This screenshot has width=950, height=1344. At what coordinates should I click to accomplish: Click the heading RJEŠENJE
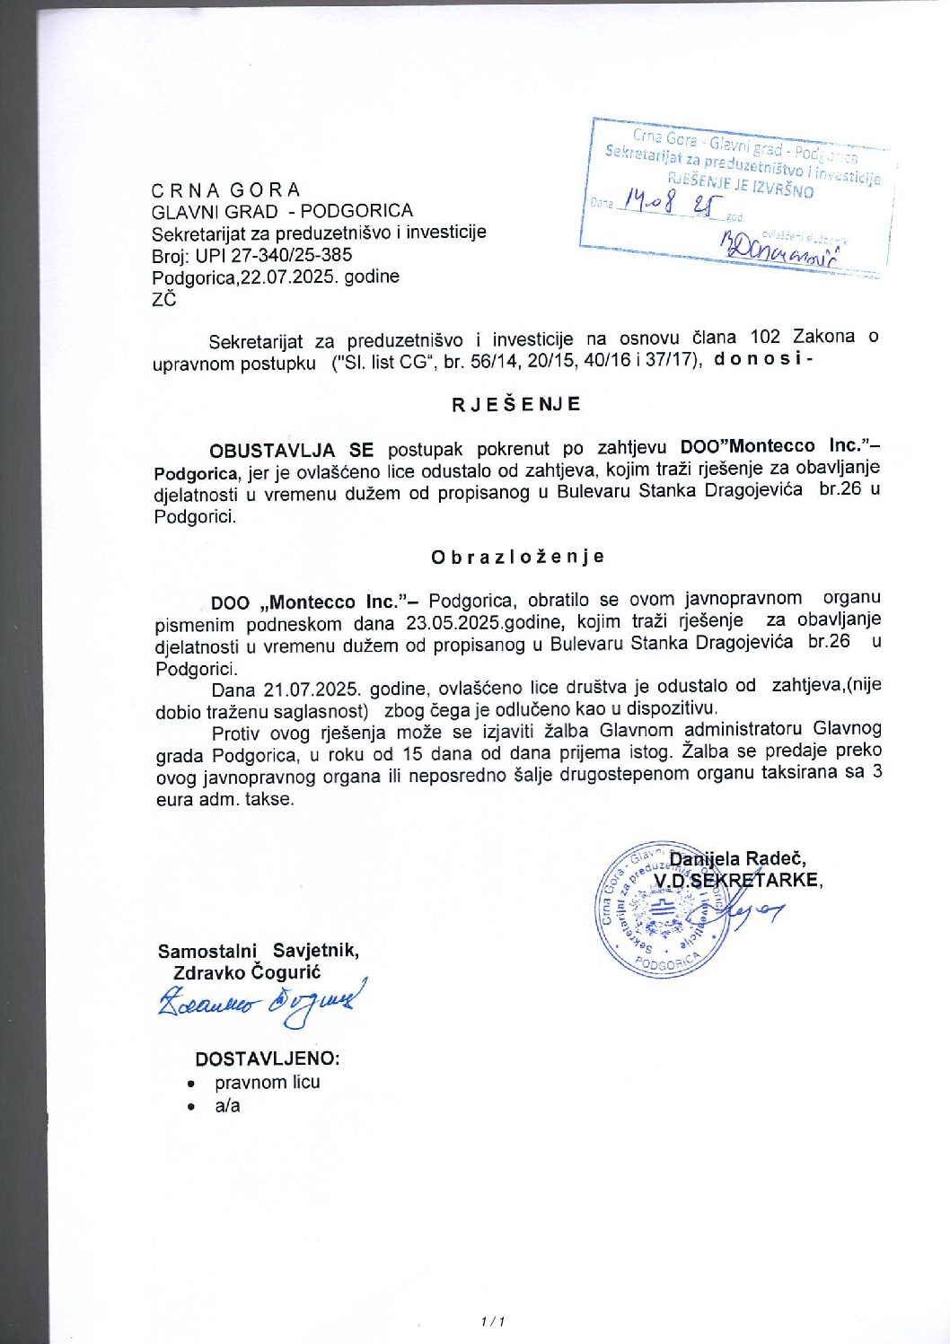point(516,404)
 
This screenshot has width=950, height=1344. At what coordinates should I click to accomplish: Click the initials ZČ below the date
point(164,299)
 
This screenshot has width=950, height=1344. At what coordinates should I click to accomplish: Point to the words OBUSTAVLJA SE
point(291,449)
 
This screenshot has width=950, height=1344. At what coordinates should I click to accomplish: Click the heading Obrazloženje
point(517,557)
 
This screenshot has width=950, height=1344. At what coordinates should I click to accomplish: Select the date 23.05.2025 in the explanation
point(453,622)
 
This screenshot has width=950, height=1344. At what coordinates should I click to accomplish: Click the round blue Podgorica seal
point(663,909)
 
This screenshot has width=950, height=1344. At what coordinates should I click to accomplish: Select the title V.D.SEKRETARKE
point(737,881)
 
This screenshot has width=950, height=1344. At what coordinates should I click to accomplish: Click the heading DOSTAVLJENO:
point(268,1059)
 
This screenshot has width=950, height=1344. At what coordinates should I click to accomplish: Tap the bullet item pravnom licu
point(267,1083)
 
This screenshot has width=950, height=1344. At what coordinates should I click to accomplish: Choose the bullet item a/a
point(227,1106)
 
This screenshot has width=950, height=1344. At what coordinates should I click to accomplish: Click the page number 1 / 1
point(494,1322)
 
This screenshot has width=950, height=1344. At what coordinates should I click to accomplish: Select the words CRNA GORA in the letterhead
point(226,190)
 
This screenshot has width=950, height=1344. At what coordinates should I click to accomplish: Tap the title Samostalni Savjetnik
point(259,951)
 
